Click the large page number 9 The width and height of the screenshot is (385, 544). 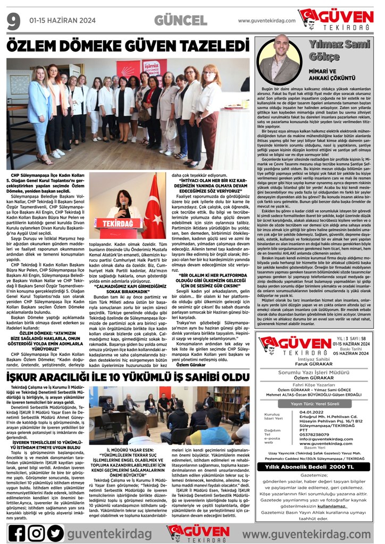point(13,21)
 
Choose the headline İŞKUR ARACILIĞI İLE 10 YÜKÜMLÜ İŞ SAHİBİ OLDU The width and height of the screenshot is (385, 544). point(127,377)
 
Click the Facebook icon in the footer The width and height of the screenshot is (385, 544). point(16,533)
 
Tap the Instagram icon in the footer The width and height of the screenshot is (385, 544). point(36,533)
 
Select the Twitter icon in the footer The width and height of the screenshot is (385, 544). point(55,533)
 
